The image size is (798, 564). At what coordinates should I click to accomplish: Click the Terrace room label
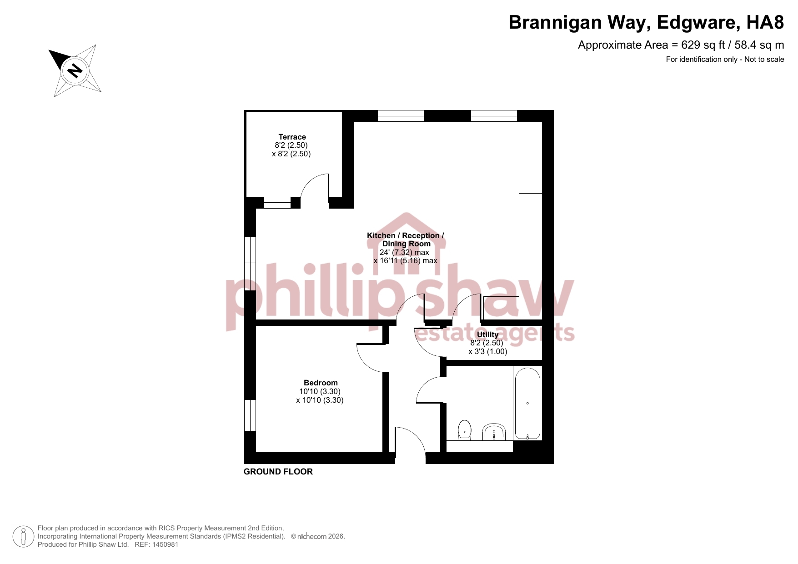tap(292, 137)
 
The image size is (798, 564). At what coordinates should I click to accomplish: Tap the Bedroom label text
tap(321, 383)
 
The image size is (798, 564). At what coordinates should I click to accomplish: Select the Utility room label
tap(487, 334)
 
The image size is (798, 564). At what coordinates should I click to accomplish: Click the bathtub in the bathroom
tap(527, 404)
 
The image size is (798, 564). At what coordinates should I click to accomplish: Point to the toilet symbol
tap(464, 430)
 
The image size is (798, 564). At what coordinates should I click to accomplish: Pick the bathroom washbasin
tap(494, 432)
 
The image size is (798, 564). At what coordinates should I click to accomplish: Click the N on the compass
tap(75, 71)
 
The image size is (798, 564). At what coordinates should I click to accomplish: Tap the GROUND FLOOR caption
tap(278, 472)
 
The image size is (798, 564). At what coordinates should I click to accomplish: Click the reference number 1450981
tap(165, 544)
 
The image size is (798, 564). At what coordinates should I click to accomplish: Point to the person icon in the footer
tap(23, 536)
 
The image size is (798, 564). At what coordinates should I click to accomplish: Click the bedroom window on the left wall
tap(250, 415)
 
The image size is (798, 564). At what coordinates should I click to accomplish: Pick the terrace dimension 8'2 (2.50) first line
tap(291, 145)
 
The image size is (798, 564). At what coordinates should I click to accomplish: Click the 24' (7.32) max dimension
tap(404, 252)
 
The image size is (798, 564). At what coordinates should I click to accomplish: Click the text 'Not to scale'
tap(764, 59)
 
